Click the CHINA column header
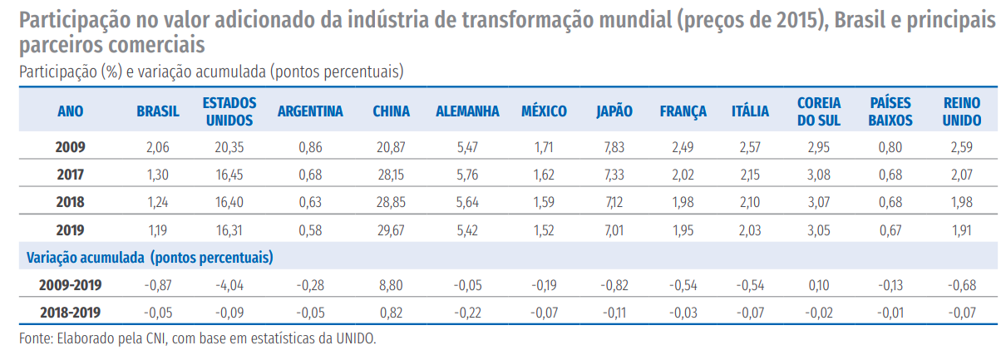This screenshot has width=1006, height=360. point(391,111)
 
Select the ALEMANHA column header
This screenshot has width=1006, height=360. point(467,111)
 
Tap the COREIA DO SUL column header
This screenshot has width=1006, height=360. point(818,111)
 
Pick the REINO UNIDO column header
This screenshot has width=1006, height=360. point(962,111)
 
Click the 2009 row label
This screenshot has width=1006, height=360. point(70,147)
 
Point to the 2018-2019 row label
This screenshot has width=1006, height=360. point(70,313)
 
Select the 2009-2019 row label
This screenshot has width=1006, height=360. point(70,285)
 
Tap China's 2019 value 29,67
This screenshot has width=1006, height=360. point(391,229)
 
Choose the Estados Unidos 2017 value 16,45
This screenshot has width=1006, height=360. point(229,175)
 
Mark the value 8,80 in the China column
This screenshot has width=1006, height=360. point(391,285)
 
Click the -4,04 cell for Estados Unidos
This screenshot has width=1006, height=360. point(229,285)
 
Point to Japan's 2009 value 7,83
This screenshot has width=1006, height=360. point(614,147)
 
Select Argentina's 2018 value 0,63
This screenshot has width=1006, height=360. point(309,202)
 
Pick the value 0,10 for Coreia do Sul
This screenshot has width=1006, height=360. point(818,285)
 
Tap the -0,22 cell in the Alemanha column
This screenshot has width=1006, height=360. point(467,313)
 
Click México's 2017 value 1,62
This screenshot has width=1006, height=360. point(544,175)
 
